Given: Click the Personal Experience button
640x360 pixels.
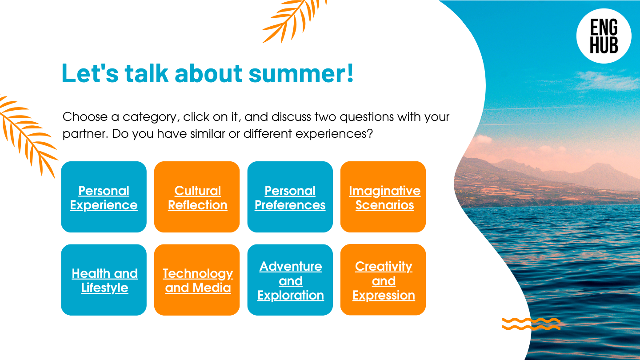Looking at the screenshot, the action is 104,197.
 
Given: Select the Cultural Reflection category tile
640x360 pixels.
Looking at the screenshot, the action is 197,197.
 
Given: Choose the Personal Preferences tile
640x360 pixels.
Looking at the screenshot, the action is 290,197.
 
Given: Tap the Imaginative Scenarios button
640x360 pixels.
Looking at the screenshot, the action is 383,197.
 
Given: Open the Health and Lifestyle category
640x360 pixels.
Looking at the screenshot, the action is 104,280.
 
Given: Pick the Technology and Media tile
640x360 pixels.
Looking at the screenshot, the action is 197,280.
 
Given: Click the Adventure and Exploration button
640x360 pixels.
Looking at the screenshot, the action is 290,280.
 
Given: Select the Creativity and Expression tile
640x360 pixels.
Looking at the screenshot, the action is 383,280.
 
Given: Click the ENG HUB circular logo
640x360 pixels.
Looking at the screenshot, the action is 604,36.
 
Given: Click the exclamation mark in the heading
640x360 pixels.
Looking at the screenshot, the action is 351,73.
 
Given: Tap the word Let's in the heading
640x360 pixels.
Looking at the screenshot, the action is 90,73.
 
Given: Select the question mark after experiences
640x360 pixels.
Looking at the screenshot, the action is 370,133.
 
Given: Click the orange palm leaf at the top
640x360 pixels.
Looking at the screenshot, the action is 294,20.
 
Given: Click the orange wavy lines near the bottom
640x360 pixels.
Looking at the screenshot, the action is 531,324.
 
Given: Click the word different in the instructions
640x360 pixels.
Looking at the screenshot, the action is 268,133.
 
